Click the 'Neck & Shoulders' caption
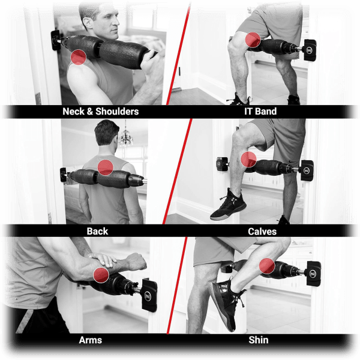click(100, 112)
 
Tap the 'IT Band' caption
click(262, 112)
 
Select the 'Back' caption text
click(97, 231)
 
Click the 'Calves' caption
click(262, 231)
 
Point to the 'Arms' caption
click(90, 340)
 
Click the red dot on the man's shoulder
click(79, 57)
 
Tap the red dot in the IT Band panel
click(253, 40)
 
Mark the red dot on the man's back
click(106, 167)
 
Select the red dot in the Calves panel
click(248, 159)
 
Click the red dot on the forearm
click(101, 275)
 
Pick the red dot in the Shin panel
click(268, 266)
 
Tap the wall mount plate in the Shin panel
click(311, 274)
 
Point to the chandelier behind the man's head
click(126, 139)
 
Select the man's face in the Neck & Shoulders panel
click(98, 24)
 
